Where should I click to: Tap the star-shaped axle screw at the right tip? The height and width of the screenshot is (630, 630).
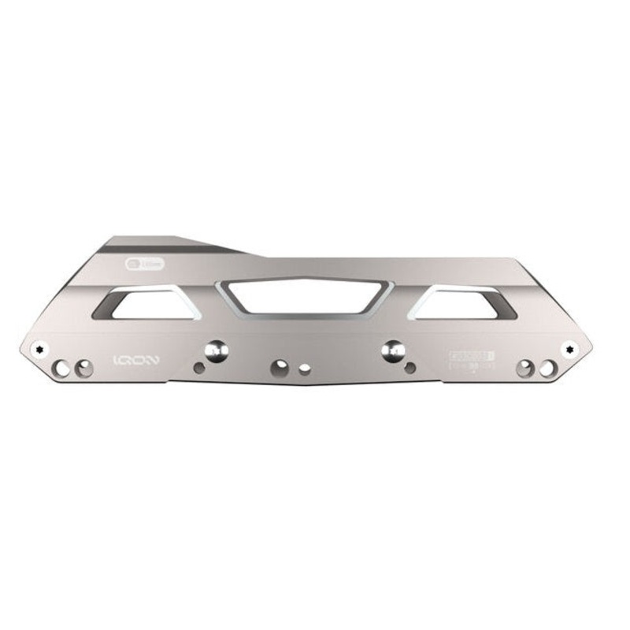coord(569,347)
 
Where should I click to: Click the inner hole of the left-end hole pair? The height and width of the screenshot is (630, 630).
coord(83,368)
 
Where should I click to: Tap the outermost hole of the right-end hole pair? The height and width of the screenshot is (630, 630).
coord(546,368)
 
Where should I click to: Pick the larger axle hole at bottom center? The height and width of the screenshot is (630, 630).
coord(280,367)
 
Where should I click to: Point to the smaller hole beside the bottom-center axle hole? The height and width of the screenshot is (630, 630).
coord(306,369)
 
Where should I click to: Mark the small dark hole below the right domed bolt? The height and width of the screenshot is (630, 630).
coord(409,367)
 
